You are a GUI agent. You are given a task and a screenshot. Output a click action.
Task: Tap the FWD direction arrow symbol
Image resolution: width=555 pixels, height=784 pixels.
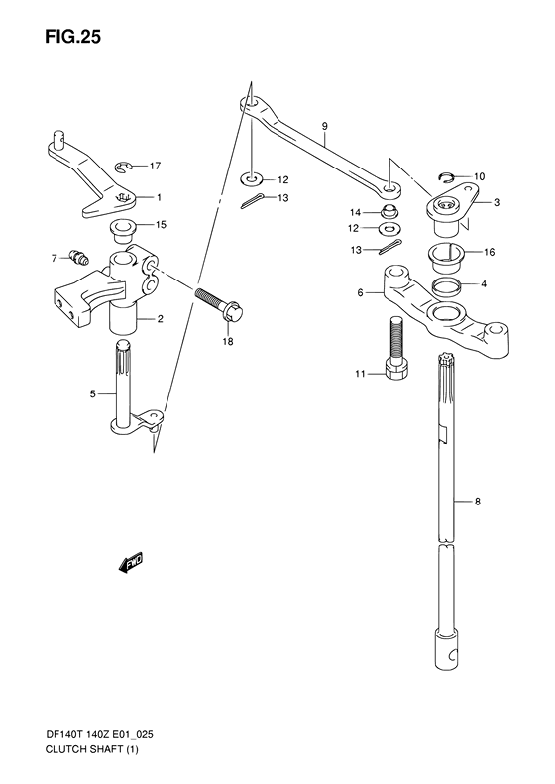131,564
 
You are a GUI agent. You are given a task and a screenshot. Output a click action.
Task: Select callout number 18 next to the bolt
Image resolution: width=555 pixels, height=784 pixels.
229,341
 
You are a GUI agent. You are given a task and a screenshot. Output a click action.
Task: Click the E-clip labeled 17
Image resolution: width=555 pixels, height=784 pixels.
125,167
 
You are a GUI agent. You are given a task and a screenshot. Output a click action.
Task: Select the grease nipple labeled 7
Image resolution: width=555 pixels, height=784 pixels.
74,261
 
